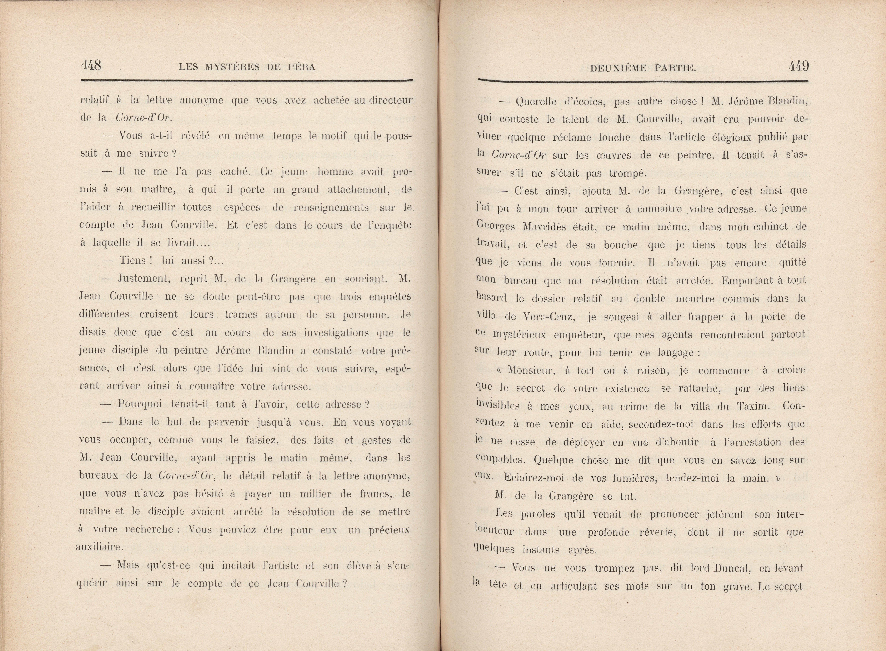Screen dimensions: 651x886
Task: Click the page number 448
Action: [91, 65]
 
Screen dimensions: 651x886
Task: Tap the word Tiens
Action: [133, 261]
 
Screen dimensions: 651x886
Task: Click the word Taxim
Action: [751, 406]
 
